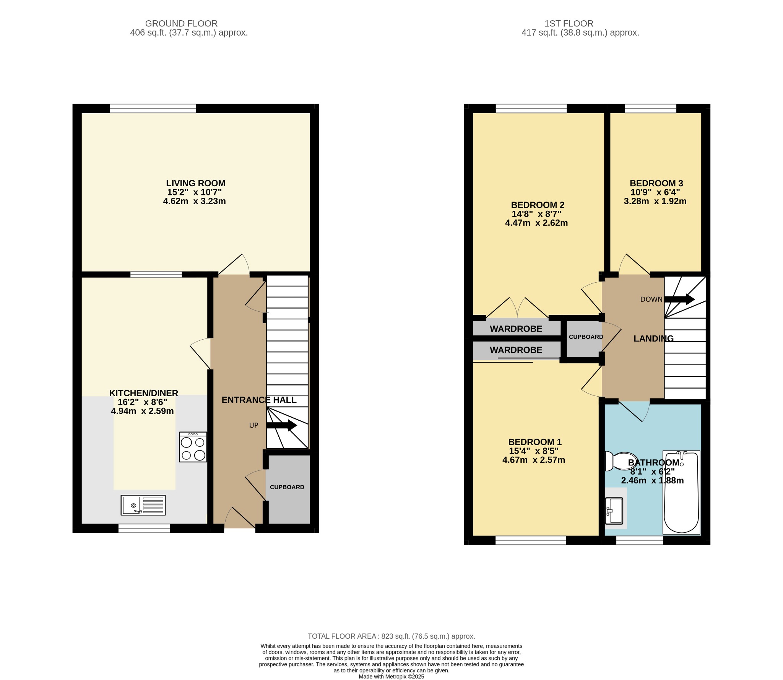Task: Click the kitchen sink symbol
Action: [143, 505]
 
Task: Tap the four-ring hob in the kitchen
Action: [193, 447]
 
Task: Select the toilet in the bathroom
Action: [620, 461]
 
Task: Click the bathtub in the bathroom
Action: [681, 493]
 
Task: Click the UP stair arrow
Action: [282, 425]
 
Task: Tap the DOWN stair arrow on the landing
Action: [679, 299]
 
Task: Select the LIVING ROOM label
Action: [195, 183]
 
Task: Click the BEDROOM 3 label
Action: [656, 183]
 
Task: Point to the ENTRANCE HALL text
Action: [259, 400]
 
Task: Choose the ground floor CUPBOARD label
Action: [287, 487]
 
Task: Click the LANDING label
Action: [653, 338]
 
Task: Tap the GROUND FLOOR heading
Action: [181, 24]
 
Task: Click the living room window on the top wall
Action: [153, 108]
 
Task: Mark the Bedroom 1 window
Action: [531, 540]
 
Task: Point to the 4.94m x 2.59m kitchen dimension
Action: [142, 411]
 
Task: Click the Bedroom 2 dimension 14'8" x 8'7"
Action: [536, 214]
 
